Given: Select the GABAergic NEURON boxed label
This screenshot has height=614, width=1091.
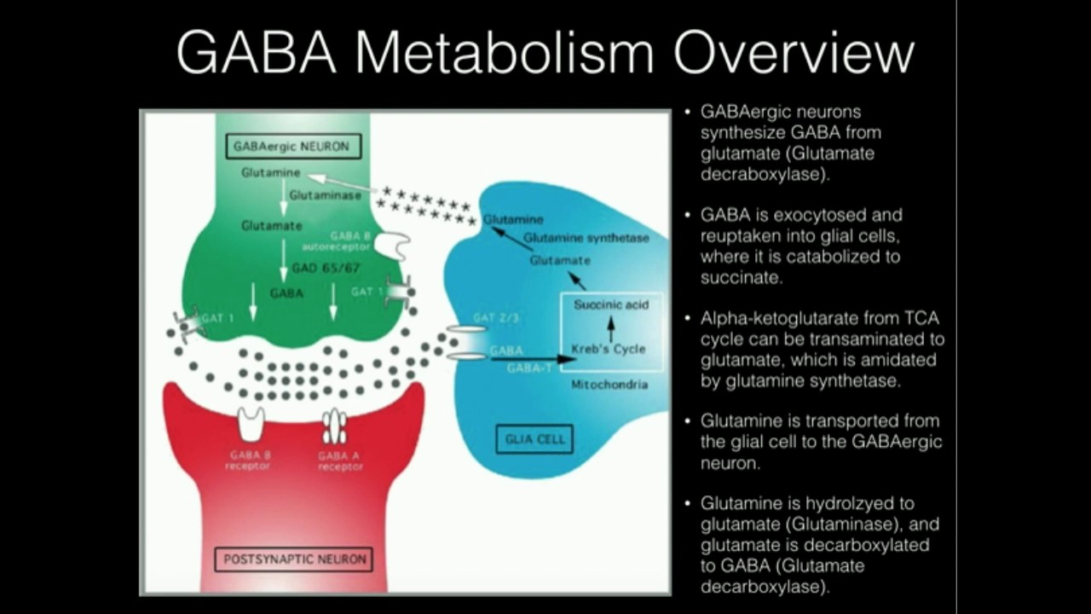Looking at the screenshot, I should click(291, 146).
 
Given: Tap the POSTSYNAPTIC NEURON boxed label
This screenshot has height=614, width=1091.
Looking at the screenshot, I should click(295, 559).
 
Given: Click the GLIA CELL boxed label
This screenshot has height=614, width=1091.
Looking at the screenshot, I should click(534, 440).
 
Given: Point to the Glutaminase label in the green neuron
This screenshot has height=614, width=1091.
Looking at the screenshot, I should click(324, 195).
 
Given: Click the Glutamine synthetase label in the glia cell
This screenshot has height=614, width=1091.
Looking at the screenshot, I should click(586, 238).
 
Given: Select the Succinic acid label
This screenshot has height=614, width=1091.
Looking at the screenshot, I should click(610, 304).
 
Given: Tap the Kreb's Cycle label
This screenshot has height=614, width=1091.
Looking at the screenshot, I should click(609, 349).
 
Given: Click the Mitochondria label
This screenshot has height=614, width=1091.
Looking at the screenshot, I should click(609, 385).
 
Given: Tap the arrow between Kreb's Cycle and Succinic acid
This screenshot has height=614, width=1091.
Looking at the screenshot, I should click(610, 327).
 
